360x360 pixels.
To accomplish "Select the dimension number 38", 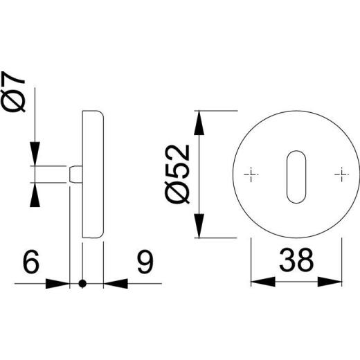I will click(297, 261).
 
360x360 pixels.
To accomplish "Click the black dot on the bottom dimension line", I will click(83, 282).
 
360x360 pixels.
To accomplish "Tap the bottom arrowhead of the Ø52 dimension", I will click(200, 227).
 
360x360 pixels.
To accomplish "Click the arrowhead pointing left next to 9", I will click(115, 282).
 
